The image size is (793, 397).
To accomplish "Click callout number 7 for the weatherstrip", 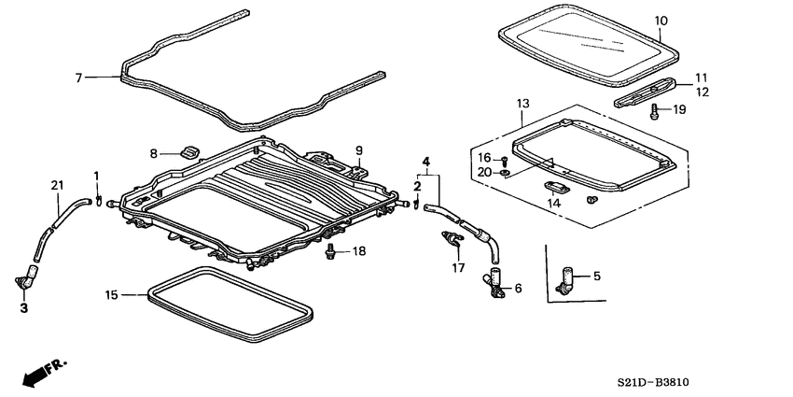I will coord(78,77).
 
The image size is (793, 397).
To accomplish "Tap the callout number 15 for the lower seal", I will coord(111,295).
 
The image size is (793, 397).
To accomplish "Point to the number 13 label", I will coord(522,103).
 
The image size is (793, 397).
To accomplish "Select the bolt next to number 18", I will coord(330,251).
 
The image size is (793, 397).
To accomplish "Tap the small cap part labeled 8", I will coord(189,151).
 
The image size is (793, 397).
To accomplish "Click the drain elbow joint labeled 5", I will coord(565,277).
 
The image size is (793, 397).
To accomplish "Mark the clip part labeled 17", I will coord(452,243).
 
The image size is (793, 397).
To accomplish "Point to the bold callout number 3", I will coord(23,307).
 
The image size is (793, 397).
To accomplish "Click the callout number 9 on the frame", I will coord(358,150).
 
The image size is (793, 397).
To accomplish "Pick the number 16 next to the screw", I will coord(483,158).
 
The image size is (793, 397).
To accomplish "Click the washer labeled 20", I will coord(505,172).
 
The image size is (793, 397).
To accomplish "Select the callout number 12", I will coord(701,92).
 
